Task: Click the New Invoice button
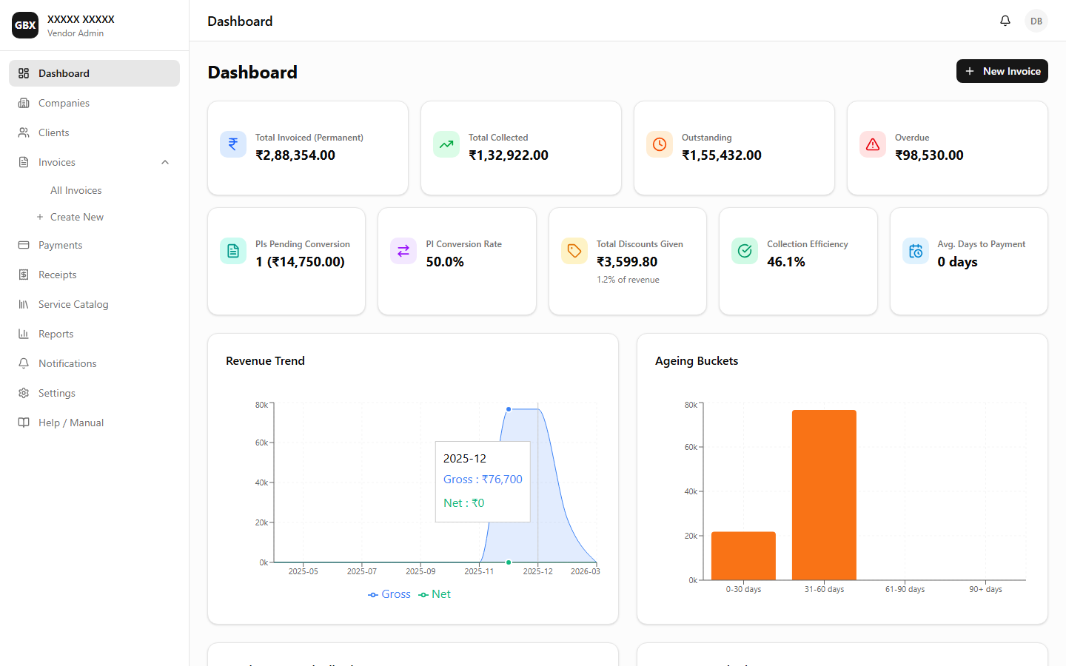tap(1002, 71)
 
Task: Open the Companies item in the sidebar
tap(64, 103)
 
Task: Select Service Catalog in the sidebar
tap(73, 304)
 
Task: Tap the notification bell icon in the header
tap(1005, 21)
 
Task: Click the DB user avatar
tap(1036, 21)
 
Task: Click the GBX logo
tap(25, 25)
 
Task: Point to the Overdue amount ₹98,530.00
tap(929, 155)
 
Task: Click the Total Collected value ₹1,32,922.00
tap(508, 155)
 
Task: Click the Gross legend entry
tap(389, 594)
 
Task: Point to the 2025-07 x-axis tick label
tap(362, 571)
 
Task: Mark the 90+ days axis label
tap(985, 589)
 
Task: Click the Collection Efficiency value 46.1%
tap(785, 262)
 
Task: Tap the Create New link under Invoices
tap(76, 217)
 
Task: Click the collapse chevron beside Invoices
tap(165, 162)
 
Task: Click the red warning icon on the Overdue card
tap(873, 144)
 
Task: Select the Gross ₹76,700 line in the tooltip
tap(483, 480)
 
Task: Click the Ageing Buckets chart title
tap(696, 361)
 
